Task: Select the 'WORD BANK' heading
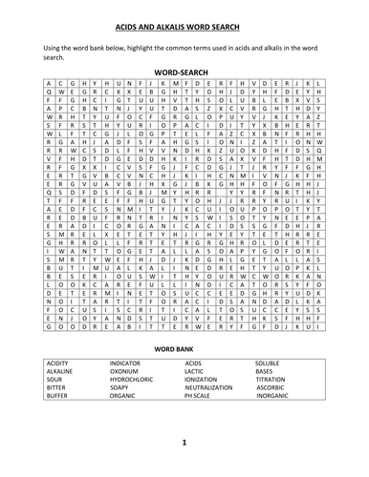click(184, 350)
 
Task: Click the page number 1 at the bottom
click(184, 442)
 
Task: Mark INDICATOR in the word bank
click(128, 364)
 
